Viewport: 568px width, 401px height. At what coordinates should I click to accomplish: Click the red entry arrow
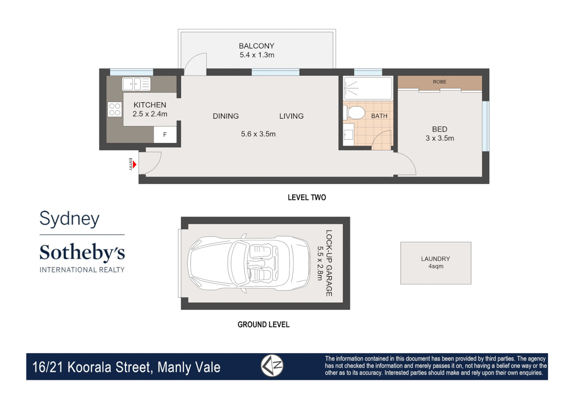pyautogui.click(x=135, y=164)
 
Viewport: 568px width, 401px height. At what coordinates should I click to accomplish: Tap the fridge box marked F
pyautogui.click(x=165, y=135)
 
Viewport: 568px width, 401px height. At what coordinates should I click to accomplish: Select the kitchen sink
pyautogui.click(x=136, y=84)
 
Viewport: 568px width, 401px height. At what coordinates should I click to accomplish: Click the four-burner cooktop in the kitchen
pyautogui.click(x=115, y=109)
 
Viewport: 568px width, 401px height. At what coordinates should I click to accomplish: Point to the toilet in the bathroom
pyautogui.click(x=356, y=113)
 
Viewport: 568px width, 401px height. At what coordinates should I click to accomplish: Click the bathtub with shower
pyautogui.click(x=368, y=88)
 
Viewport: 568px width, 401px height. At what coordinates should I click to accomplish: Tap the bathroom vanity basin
pyautogui.click(x=348, y=134)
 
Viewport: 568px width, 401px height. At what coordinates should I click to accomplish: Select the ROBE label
pyautogui.click(x=439, y=82)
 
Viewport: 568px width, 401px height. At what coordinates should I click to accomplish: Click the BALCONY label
pyautogui.click(x=256, y=46)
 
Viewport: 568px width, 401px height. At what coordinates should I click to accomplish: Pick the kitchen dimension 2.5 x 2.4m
pyautogui.click(x=150, y=114)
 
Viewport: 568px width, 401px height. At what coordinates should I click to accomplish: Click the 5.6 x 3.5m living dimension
pyautogui.click(x=258, y=134)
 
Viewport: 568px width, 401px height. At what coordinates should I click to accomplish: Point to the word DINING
pyautogui.click(x=226, y=116)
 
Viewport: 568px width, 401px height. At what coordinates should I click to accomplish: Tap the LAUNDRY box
pyautogui.click(x=436, y=263)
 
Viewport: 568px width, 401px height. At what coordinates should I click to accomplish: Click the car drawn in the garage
pyautogui.click(x=249, y=263)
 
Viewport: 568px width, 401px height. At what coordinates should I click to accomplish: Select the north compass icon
pyautogui.click(x=272, y=366)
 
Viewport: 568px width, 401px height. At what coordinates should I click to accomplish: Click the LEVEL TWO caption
pyautogui.click(x=307, y=198)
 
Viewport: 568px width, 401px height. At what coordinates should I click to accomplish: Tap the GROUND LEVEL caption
pyautogui.click(x=263, y=325)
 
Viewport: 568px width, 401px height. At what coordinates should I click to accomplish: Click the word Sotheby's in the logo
pyautogui.click(x=82, y=253)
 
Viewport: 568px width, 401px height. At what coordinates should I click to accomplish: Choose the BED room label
pyautogui.click(x=439, y=129)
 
